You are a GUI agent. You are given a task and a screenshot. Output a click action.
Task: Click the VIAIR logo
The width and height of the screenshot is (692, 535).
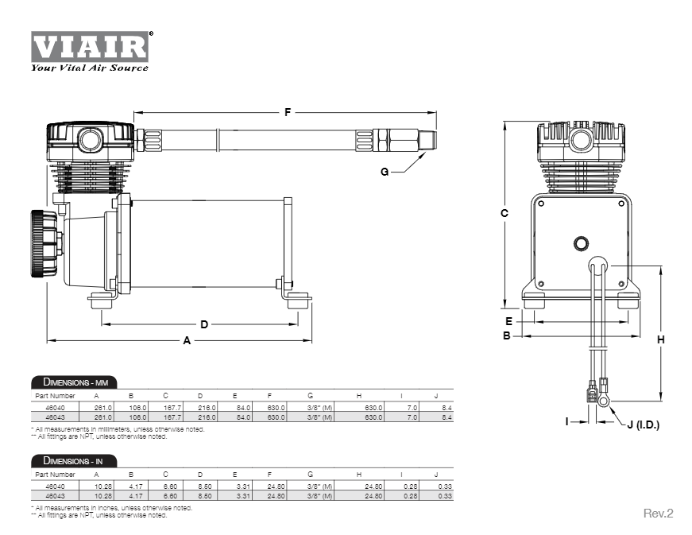(x=90, y=47)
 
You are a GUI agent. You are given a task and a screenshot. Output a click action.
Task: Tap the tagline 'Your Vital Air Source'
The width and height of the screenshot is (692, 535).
(x=89, y=68)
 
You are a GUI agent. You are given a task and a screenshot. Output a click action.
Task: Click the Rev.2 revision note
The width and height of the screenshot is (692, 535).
(x=658, y=514)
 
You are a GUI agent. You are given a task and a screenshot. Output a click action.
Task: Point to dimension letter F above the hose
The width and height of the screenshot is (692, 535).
(x=288, y=112)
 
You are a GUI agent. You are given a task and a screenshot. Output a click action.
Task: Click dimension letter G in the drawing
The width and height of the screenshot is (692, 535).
(x=385, y=172)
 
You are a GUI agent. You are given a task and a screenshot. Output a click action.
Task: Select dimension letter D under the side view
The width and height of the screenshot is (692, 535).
(x=203, y=324)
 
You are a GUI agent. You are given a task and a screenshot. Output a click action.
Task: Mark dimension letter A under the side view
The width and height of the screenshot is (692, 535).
(x=187, y=340)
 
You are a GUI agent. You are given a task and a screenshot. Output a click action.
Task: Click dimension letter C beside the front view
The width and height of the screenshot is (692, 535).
(x=505, y=213)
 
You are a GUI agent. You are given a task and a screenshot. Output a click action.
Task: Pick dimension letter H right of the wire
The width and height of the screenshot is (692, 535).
(x=660, y=339)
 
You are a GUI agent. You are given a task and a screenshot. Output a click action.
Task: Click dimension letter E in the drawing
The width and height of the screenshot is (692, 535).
(x=509, y=321)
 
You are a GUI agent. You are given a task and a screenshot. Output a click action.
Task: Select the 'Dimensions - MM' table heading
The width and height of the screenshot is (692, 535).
(x=73, y=382)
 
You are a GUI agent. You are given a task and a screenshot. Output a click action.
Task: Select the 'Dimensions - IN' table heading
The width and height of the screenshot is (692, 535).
(x=72, y=461)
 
